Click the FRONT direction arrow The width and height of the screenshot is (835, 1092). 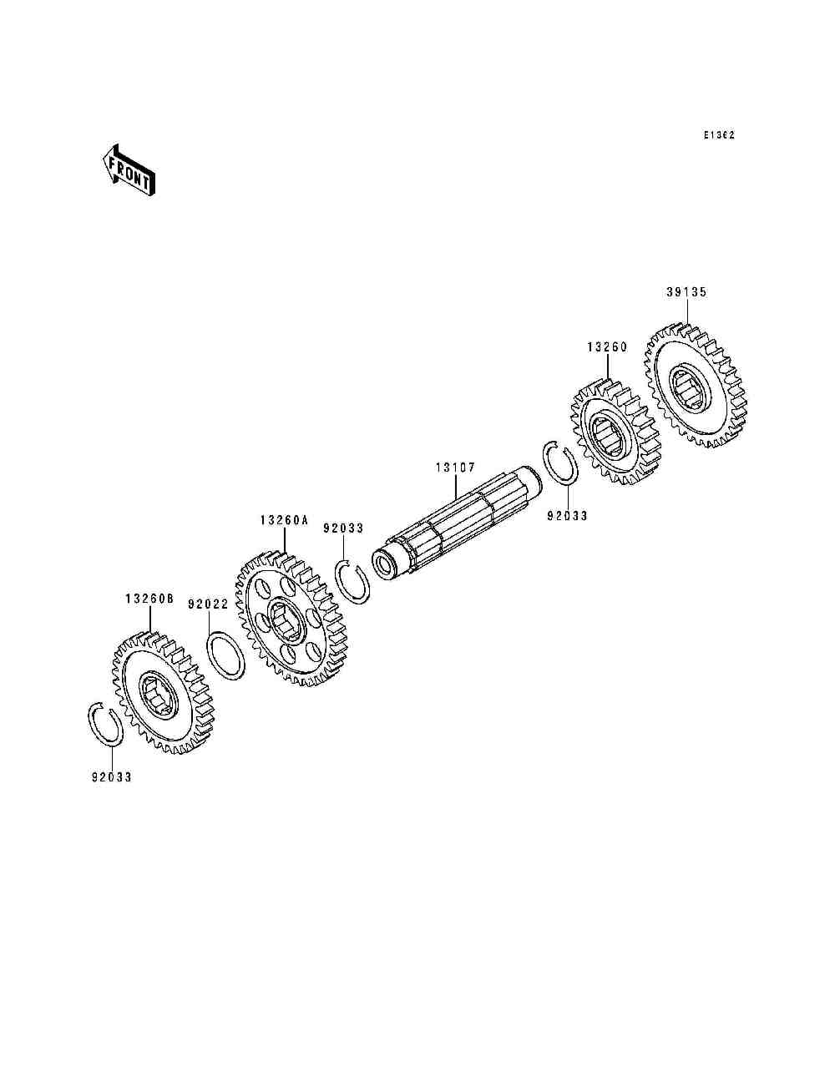[x=129, y=170]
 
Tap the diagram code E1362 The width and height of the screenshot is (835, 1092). [x=719, y=134]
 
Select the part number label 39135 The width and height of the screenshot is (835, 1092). [x=686, y=292]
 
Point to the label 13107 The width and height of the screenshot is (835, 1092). [x=456, y=468]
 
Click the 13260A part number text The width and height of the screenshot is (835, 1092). [x=284, y=520]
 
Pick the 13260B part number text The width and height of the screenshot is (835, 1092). [x=149, y=599]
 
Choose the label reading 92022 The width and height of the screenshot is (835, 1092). [x=208, y=604]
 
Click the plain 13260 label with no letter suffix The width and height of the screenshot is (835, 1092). [x=607, y=347]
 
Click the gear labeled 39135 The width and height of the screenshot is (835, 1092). [x=696, y=386]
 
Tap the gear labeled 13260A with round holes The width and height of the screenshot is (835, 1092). [x=291, y=619]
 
